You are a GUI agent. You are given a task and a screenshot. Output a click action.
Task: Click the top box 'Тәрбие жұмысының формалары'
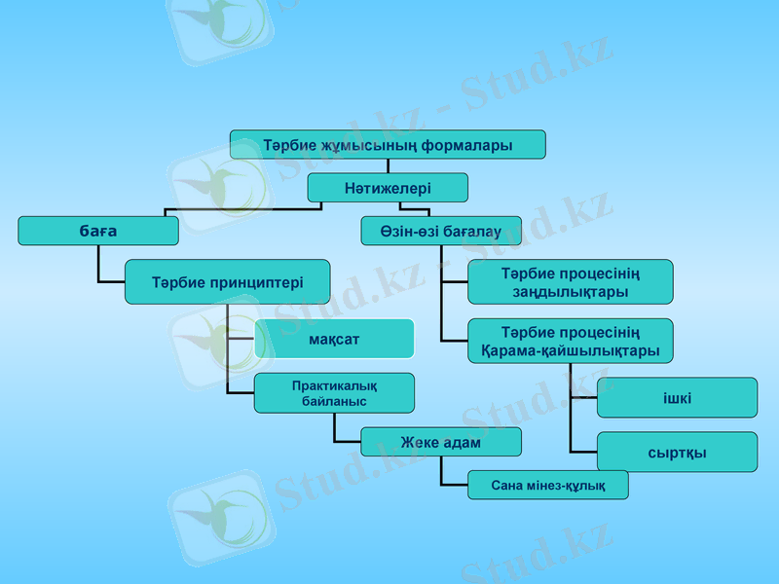388,144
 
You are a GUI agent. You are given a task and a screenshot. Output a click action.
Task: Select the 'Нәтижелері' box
388,187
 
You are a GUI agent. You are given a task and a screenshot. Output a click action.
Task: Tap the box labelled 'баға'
98,231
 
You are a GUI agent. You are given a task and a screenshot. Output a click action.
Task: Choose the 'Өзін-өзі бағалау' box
441,231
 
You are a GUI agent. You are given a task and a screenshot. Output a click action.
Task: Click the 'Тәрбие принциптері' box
227,282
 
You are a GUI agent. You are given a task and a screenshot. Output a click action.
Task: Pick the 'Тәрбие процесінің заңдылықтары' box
570,281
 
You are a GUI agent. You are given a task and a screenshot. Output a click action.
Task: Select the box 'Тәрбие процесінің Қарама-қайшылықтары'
570,341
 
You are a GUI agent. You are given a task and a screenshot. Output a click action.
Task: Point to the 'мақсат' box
334,339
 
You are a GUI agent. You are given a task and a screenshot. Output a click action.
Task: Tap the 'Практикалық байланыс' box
334,392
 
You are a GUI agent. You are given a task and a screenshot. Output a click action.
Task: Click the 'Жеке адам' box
440,442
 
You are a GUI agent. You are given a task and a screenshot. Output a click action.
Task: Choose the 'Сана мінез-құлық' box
547,485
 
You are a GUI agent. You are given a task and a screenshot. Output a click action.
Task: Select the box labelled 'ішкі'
677,397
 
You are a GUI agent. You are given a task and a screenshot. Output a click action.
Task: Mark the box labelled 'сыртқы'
677,452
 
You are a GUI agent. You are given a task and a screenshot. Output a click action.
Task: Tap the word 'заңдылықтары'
570,291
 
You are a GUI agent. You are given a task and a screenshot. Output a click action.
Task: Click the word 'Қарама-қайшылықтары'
570,350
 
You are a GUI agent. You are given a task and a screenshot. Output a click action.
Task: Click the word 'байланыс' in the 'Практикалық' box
334,400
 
